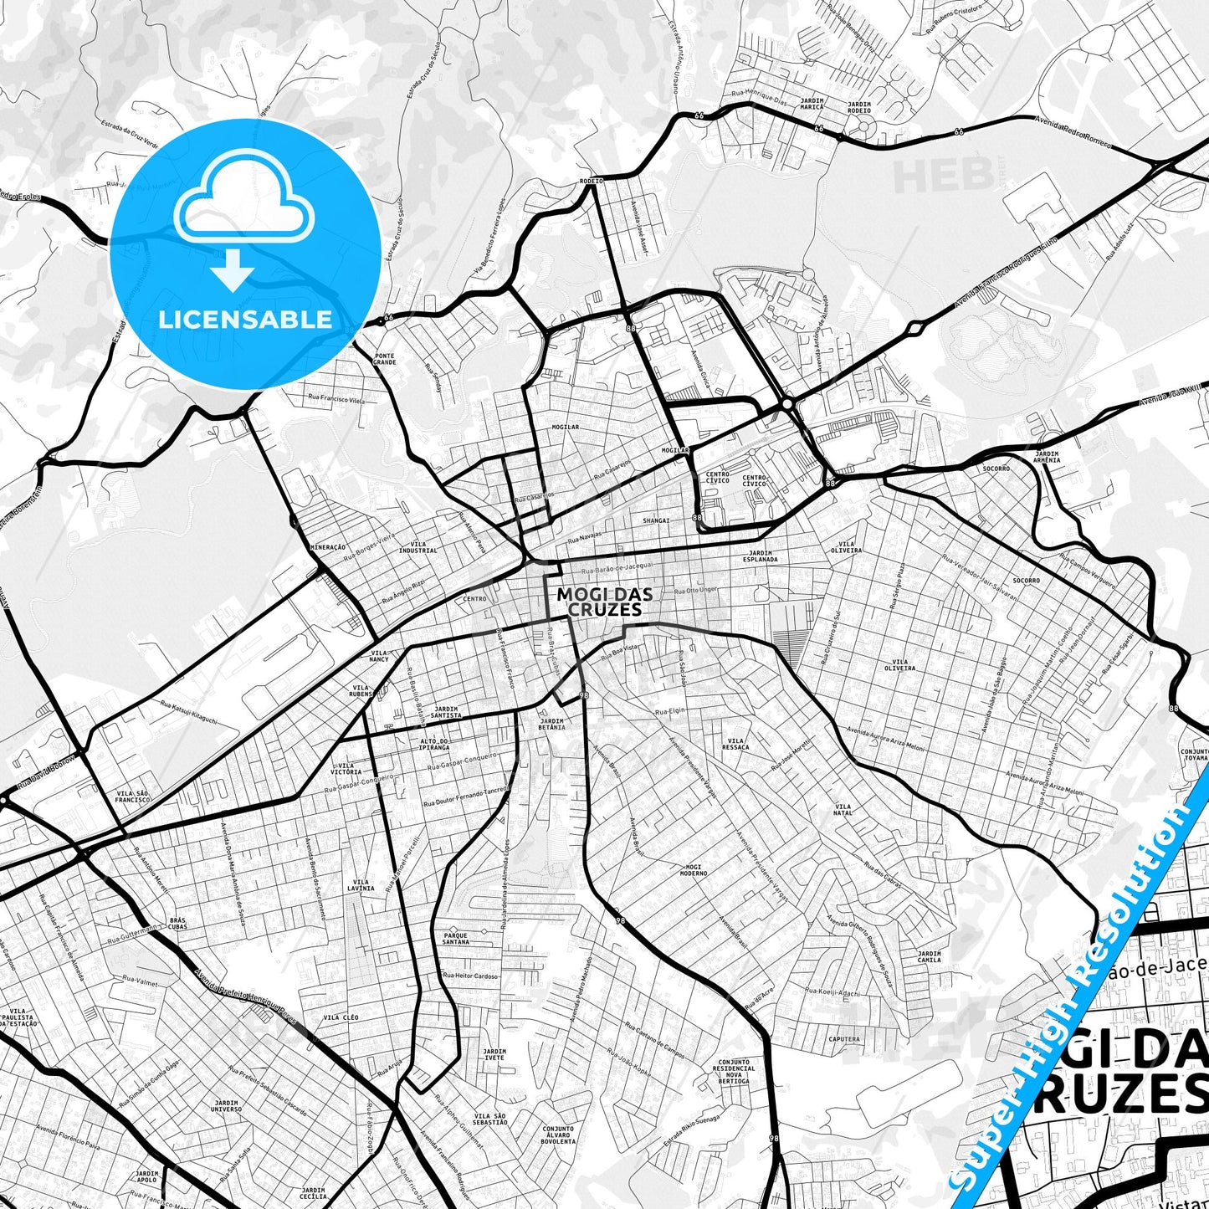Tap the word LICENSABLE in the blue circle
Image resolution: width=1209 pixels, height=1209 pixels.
pos(246,320)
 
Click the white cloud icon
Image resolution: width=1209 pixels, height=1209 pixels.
pos(243,207)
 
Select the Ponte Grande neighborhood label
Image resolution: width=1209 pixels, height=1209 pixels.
pos(385,360)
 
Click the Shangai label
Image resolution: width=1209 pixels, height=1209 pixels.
pos(657,520)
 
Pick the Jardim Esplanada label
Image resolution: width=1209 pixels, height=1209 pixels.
pos(763,556)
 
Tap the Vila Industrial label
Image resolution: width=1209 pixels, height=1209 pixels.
pos(418,547)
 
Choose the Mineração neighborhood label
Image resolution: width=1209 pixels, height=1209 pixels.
pos(328,546)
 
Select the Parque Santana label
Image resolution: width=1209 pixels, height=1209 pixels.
pos(456,939)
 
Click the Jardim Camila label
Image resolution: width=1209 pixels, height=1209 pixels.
pos(929,956)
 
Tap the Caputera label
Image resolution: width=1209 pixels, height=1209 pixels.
pos(843,1039)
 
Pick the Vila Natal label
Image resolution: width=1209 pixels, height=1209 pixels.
pos(843,810)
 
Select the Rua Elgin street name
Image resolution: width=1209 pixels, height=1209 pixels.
pos(669,710)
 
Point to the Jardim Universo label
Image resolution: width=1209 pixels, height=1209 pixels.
pos(226,1106)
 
